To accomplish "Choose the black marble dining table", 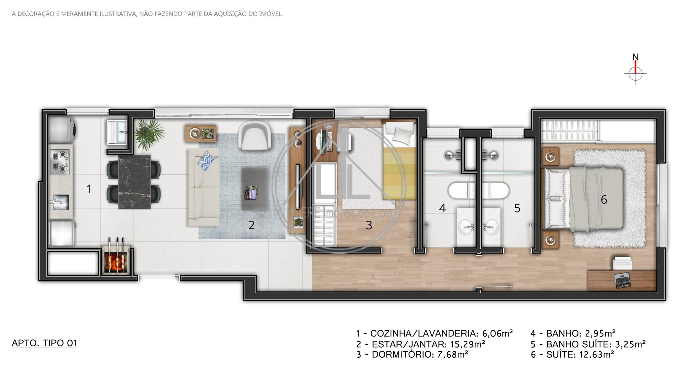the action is tap(134, 182).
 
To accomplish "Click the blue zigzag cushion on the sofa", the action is tap(206, 160).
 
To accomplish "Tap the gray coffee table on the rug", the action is tap(255, 189).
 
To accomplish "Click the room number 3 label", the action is tap(369, 225).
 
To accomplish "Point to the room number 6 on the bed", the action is tap(604, 200).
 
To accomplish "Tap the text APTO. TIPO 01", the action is tap(44, 343).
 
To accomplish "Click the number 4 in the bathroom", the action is tap(442, 208).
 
